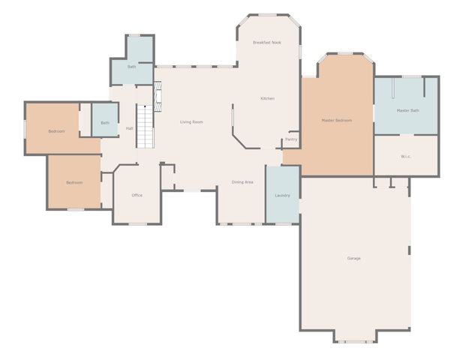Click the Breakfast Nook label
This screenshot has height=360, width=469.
pyautogui.click(x=266, y=43)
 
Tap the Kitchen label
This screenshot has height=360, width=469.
pyautogui.click(x=267, y=99)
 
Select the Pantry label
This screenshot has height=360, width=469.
pyautogui.click(x=291, y=139)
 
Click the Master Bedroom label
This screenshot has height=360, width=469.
pyautogui.click(x=337, y=120)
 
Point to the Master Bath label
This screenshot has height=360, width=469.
pyautogui.click(x=407, y=111)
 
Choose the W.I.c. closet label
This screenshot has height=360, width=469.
pyautogui.click(x=406, y=157)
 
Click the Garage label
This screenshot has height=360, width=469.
pyautogui.click(x=354, y=259)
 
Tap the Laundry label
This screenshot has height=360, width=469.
pyautogui.click(x=282, y=196)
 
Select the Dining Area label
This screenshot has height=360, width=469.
pyautogui.click(x=242, y=182)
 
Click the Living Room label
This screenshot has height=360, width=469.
pyautogui.click(x=191, y=121)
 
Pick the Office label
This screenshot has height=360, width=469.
pyautogui.click(x=137, y=196)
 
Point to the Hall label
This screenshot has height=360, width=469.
pyautogui.click(x=129, y=128)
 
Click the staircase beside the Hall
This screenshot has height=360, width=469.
pyautogui.click(x=145, y=126)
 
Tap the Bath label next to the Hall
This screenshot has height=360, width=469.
pyautogui.click(x=105, y=123)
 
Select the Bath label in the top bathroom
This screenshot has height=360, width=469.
pyautogui.click(x=131, y=67)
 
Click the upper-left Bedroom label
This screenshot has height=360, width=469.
pyautogui.click(x=56, y=131)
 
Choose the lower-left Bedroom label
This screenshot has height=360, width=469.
pyautogui.click(x=74, y=182)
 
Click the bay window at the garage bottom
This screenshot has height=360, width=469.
pyautogui.click(x=356, y=341)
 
